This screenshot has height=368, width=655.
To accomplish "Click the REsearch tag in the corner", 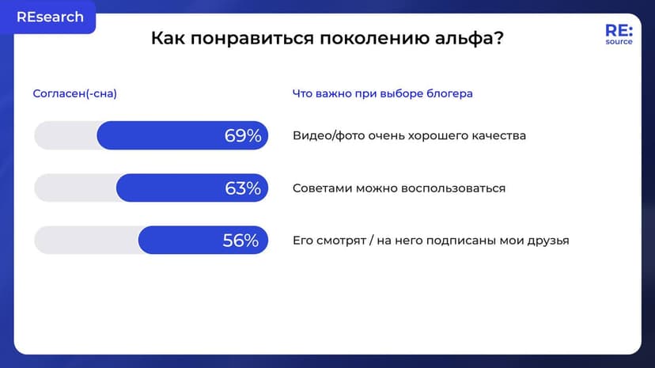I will coord(50,17).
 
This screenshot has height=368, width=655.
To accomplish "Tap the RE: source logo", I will coord(619,34).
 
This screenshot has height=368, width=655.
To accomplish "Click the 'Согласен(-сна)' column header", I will coord(74,93).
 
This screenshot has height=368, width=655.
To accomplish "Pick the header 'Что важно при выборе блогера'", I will coord(382,93).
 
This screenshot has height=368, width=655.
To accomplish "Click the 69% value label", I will coord(242,135).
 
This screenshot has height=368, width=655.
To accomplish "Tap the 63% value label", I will coord(242,188).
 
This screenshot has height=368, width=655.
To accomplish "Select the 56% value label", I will coord(240,241).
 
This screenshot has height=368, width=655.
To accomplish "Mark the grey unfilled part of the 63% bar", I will coord(74,188).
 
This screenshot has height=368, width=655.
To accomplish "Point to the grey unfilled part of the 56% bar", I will coord(85,241).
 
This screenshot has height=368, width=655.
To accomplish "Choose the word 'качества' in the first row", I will coord(500,135).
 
